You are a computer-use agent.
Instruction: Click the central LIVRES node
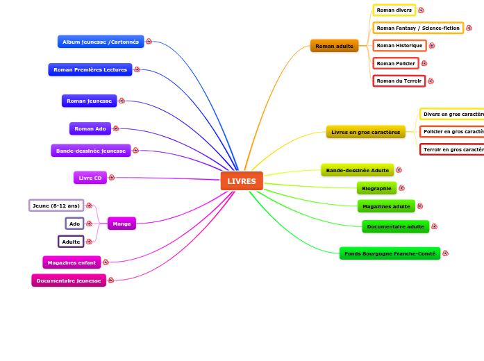[242, 181]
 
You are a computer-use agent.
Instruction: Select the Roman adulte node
[334, 46]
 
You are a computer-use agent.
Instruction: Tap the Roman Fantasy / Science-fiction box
[418, 28]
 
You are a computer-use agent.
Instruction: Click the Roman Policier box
[396, 63]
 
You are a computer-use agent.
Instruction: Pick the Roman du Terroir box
[399, 81]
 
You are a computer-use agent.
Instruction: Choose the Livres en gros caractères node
[365, 132]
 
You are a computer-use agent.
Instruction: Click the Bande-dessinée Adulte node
[358, 170]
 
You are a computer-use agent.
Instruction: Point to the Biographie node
[376, 188]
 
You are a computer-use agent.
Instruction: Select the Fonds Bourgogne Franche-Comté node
[390, 253]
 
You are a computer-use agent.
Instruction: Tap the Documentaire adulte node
[395, 226]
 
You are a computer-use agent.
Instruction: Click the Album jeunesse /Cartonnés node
[101, 42]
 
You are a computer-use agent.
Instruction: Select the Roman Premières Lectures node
[90, 69]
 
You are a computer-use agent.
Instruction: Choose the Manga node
[122, 224]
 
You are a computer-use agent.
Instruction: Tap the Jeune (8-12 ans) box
[56, 205]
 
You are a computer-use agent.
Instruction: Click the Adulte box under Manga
[71, 242]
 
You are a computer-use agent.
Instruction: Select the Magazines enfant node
[72, 262]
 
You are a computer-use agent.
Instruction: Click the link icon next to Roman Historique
[432, 45]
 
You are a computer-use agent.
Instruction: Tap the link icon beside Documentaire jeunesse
[111, 280]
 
